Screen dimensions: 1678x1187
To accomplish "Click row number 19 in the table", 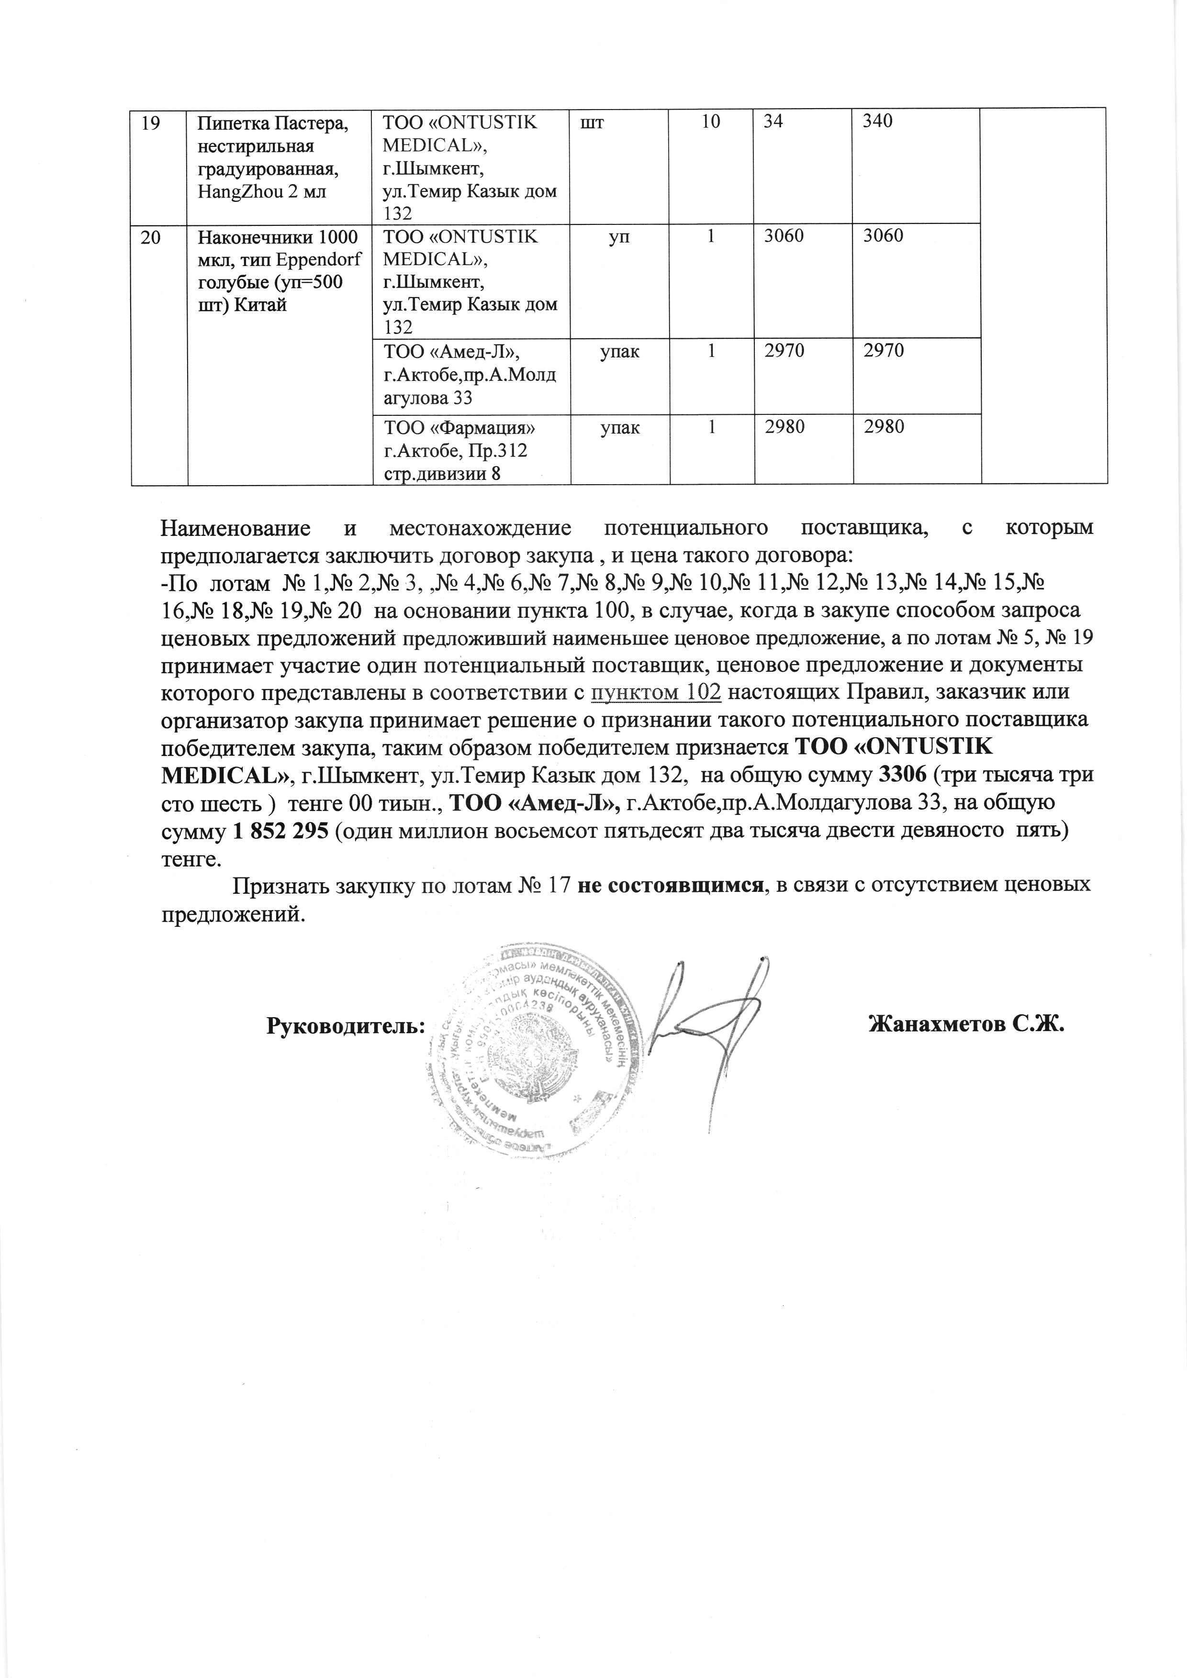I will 151,122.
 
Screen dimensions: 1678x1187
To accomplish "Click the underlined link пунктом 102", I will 656,692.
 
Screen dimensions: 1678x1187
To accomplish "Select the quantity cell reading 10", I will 710,122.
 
